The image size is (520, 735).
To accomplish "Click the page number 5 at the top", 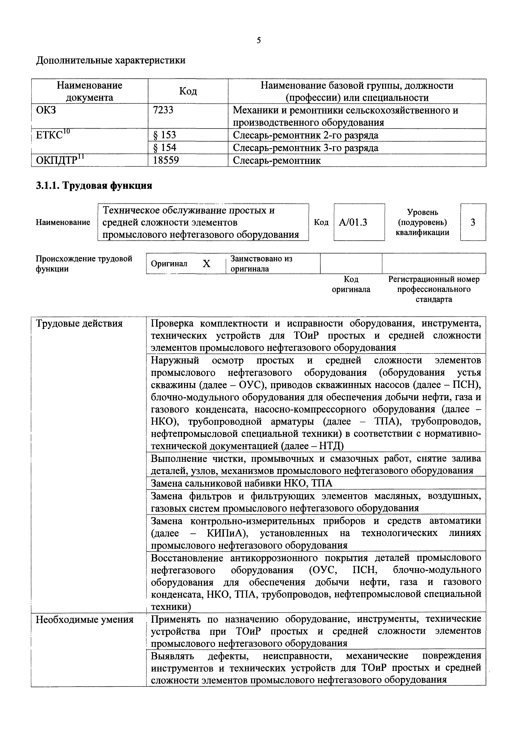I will click(x=259, y=40).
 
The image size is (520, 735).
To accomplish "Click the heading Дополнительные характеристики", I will click(x=111, y=60).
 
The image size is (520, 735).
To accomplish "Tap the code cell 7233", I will click(x=163, y=110).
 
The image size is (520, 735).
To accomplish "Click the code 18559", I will click(x=166, y=160).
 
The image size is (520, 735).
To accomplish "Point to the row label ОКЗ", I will click(x=46, y=110).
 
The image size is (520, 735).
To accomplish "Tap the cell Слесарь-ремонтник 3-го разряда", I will click(x=305, y=148).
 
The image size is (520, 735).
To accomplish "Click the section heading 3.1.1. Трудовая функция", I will click(x=94, y=185).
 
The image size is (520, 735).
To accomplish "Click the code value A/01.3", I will click(x=353, y=222).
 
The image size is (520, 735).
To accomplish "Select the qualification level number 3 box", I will click(x=473, y=222).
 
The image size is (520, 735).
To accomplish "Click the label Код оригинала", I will click(x=351, y=284).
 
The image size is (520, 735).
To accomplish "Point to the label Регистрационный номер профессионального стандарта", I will click(x=434, y=289).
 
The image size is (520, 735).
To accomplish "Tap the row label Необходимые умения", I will click(x=84, y=620).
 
